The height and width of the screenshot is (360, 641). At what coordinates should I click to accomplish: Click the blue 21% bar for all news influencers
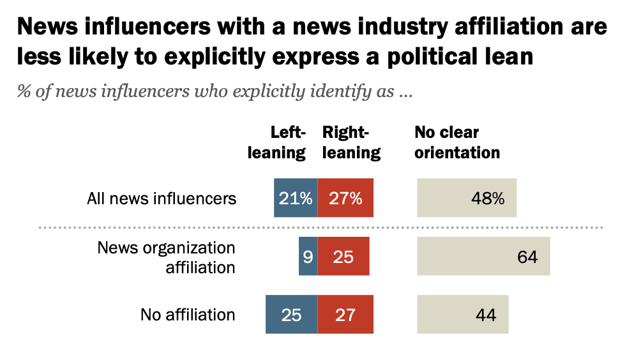(x=296, y=198)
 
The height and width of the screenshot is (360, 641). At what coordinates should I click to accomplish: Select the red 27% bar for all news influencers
(x=345, y=198)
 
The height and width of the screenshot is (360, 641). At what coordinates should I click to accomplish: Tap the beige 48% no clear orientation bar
(x=467, y=198)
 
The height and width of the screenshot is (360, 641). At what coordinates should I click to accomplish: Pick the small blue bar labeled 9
(x=308, y=257)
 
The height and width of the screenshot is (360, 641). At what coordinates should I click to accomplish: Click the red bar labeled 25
(x=343, y=257)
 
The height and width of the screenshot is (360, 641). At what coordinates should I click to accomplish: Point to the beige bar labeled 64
(x=483, y=257)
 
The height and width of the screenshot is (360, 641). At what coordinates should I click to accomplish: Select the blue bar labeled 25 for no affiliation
(x=291, y=315)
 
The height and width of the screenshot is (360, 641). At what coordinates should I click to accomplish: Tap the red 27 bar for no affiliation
(x=345, y=315)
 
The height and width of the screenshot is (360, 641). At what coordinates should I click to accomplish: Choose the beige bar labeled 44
(x=463, y=315)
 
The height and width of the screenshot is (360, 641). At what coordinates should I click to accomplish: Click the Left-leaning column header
(x=288, y=142)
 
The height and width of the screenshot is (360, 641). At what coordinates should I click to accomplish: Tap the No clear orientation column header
(x=456, y=142)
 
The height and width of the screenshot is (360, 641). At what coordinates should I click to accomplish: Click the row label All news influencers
(x=162, y=199)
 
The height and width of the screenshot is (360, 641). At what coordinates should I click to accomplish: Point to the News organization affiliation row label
(x=167, y=257)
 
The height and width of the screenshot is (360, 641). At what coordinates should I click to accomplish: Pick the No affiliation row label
(x=188, y=315)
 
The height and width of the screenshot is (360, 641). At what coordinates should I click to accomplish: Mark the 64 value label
(x=527, y=257)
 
